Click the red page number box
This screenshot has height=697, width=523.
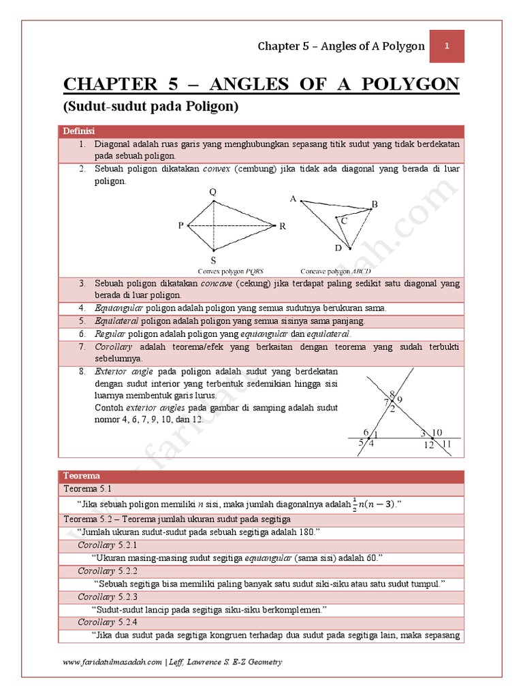point(446,46)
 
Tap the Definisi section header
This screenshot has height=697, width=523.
point(79,131)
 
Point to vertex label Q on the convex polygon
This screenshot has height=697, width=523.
point(213,192)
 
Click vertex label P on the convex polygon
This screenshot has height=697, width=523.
point(181,225)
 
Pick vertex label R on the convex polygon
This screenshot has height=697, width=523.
point(282,226)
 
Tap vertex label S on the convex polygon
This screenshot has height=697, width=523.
point(213,260)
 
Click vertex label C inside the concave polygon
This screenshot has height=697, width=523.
point(344,221)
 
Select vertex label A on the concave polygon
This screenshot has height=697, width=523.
point(294,199)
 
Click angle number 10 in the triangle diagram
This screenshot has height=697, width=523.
point(437,432)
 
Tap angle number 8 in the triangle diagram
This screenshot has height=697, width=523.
point(392,394)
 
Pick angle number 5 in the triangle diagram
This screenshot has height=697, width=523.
point(362,443)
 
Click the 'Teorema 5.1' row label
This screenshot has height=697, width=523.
point(86,489)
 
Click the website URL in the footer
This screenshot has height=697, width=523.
point(112,662)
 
